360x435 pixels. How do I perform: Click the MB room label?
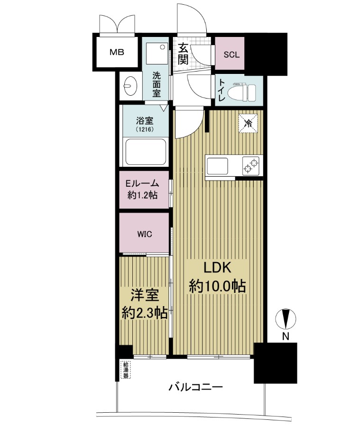coord(117,52)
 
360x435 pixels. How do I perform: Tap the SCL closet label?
coord(231,54)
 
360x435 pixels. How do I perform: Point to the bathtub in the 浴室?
coord(146,152)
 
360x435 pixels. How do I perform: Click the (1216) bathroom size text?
coord(145,129)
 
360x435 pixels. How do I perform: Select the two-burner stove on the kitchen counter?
coord(252,166)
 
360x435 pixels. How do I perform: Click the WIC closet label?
coord(145,235)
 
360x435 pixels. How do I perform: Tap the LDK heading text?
coord(218,268)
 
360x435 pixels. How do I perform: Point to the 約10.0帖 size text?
coord(218,286)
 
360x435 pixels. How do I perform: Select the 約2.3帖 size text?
coord(145,313)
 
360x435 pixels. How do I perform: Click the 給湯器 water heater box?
coord(126,370)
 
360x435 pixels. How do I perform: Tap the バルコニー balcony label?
coord(196,387)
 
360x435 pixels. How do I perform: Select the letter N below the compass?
coord(286,336)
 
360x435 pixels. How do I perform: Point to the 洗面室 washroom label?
coord(157,84)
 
